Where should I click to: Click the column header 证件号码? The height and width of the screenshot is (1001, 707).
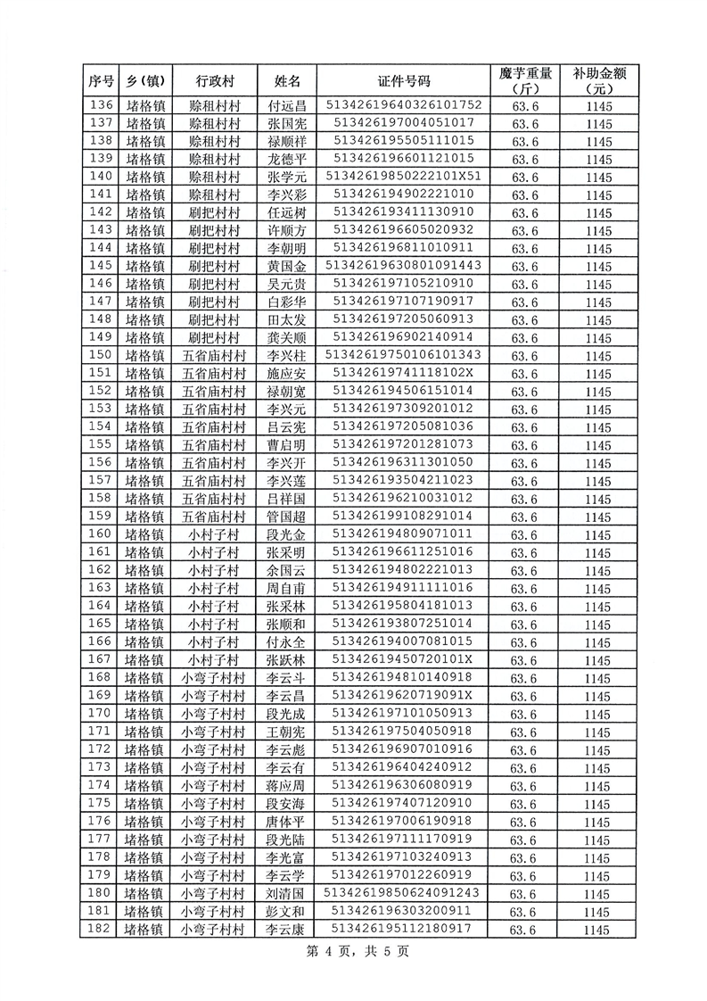tap(405, 81)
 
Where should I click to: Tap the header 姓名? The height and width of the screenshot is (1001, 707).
tap(287, 81)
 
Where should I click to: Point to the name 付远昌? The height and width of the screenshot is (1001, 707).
tap(287, 105)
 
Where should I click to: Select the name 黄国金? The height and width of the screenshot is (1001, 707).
tap(287, 266)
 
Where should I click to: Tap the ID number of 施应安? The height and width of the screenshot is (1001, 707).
tap(405, 373)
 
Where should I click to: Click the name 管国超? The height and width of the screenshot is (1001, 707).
tap(287, 516)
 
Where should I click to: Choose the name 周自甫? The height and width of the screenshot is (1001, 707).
tap(287, 587)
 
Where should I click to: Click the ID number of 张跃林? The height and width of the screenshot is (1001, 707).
tap(405, 658)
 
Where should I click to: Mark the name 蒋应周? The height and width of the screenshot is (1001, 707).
tap(287, 784)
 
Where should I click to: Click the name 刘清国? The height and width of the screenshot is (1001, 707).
tap(287, 892)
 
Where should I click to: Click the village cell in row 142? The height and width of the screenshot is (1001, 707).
tap(214, 212)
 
